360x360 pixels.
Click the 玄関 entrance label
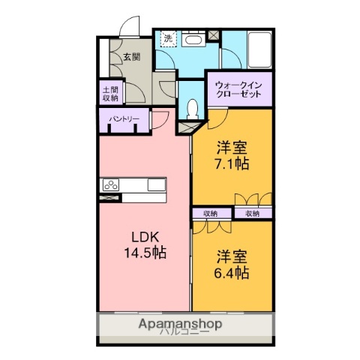(x=131, y=56)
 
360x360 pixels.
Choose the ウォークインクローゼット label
(x=238, y=90)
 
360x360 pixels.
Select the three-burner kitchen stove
(x=112, y=185)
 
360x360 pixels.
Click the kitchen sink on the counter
(x=156, y=185)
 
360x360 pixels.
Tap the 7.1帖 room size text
(x=232, y=162)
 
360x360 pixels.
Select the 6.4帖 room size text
(x=232, y=274)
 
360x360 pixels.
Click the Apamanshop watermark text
(x=180, y=324)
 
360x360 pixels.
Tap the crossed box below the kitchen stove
(x=111, y=198)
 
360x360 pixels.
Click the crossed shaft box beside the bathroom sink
(x=214, y=34)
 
